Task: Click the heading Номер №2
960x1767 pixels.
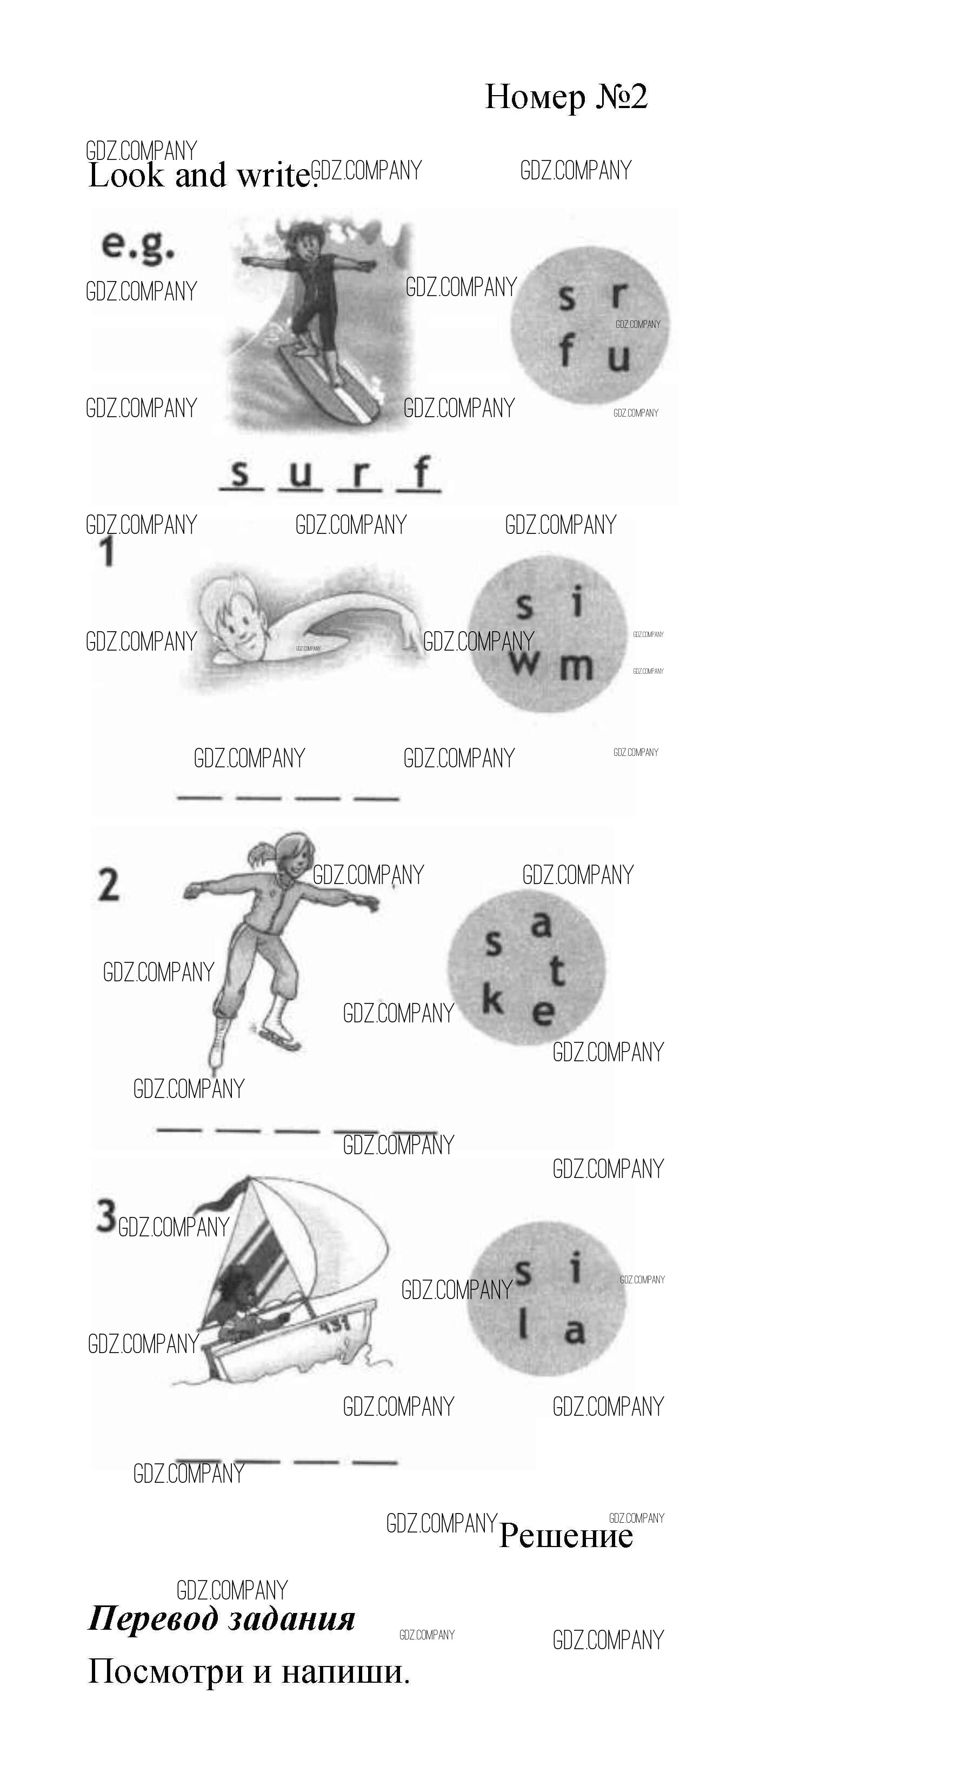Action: (566, 97)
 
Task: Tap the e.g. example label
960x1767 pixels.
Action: (138, 247)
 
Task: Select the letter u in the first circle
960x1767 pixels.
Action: (618, 357)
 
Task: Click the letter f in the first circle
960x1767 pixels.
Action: (565, 352)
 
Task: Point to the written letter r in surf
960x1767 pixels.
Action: (359, 474)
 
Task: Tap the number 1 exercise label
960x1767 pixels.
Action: (107, 552)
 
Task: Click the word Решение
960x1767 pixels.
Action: (565, 1535)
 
